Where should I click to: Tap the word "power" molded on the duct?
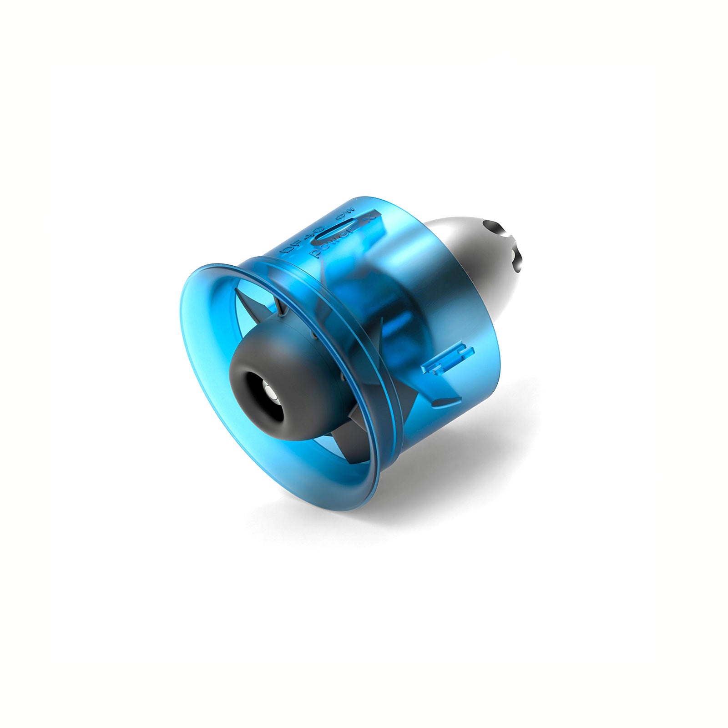point(333,241)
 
